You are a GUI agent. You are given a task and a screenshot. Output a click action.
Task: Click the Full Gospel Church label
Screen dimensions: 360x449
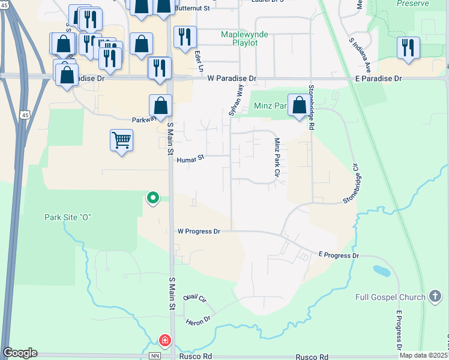(391, 297)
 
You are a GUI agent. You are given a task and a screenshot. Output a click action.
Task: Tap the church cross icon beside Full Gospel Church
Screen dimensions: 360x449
(436, 296)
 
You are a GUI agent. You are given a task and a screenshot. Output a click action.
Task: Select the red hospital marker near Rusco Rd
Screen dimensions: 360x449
(164, 341)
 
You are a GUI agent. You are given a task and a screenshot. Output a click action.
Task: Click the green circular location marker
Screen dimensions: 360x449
(153, 197)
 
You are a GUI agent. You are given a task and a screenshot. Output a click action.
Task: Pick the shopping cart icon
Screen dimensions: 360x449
(122, 141)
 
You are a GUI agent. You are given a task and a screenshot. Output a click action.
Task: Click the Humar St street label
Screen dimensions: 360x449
(191, 160)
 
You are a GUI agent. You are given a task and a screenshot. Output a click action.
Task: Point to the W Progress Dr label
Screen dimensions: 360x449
(199, 231)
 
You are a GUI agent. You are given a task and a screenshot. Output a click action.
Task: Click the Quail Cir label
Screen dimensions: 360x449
(194, 298)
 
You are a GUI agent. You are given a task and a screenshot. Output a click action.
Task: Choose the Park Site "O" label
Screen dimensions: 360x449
(67, 217)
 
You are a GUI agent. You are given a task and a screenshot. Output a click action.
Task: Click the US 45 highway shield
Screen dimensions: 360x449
(25, 115)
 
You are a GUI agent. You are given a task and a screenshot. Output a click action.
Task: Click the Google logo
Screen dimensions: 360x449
(20, 353)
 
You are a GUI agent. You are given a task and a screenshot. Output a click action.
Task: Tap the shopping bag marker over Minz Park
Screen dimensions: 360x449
(299, 106)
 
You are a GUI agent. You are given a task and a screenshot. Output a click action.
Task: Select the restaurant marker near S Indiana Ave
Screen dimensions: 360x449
(408, 47)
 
